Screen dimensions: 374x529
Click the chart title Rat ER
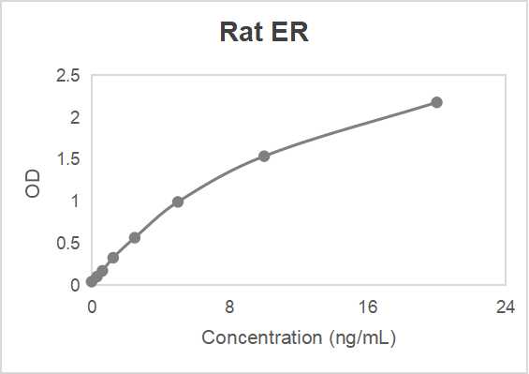tap(264, 33)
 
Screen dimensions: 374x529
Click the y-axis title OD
tap(33, 183)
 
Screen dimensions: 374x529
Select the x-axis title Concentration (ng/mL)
tap(299, 337)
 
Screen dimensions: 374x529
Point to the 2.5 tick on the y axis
tap(68, 76)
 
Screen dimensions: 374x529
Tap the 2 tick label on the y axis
tap(75, 117)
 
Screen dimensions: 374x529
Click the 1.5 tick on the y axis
tap(68, 159)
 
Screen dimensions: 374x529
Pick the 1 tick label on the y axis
tap(75, 202)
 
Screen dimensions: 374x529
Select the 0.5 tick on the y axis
tap(68, 243)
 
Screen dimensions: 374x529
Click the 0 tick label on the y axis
tap(75, 285)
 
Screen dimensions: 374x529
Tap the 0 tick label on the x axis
tap(92, 307)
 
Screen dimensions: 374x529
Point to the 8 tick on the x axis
tap(229, 307)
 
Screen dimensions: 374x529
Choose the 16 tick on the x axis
tap(368, 307)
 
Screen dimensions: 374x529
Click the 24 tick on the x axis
tap(506, 307)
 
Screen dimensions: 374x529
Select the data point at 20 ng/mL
tap(436, 102)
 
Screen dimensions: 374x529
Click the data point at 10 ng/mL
tap(264, 156)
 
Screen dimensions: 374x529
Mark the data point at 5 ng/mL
tap(178, 202)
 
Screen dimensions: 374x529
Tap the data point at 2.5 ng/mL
tap(135, 237)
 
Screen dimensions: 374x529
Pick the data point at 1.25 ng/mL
tap(113, 258)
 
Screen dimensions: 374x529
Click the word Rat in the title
tap(239, 33)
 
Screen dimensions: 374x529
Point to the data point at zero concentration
tap(92, 281)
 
